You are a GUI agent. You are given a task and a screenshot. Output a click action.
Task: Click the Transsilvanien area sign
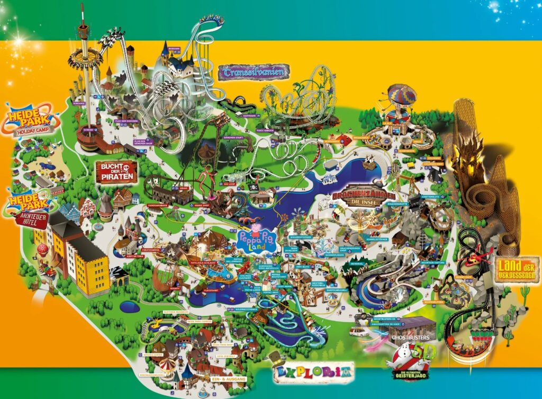pyautogui.click(x=253, y=72)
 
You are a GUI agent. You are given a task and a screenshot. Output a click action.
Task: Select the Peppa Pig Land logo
pyautogui.click(x=257, y=242)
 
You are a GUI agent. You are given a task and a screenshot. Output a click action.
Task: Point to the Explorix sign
pyautogui.click(x=312, y=373)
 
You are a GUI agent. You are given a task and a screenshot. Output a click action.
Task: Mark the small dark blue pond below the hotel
pyautogui.click(x=129, y=306)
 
